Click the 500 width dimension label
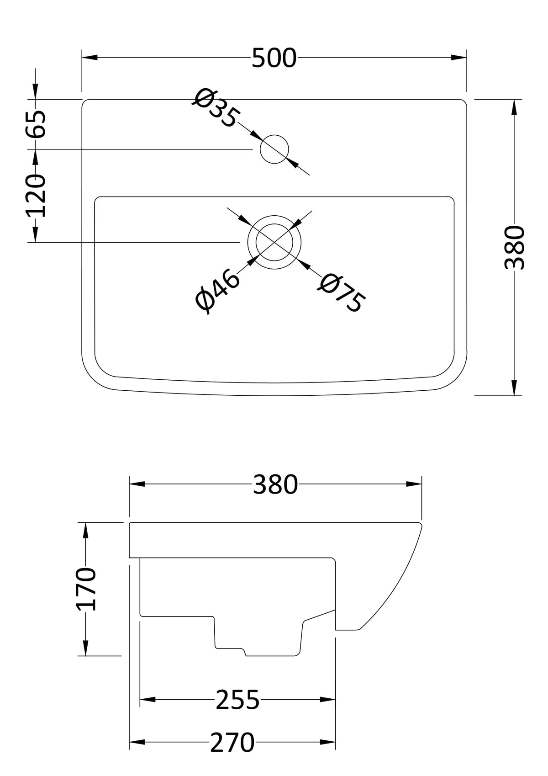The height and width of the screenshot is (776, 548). tap(274, 58)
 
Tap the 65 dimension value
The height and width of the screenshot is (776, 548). tap(36, 124)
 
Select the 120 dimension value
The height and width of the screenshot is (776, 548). tap(36, 196)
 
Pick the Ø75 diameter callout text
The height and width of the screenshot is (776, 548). tap(341, 293)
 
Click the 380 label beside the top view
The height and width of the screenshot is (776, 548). tap(514, 247)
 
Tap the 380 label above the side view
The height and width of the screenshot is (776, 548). tap(275, 484)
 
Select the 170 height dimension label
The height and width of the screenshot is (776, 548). tap(85, 589)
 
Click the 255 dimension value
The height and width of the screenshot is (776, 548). tap(237, 699)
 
